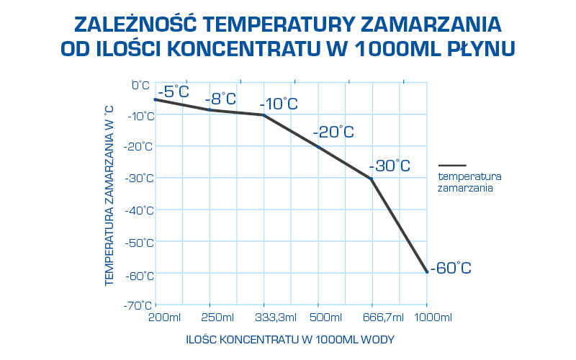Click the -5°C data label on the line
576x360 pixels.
(x=173, y=91)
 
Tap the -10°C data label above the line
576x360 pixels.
(x=279, y=104)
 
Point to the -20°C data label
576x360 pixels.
(x=333, y=132)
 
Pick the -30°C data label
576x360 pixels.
(x=390, y=166)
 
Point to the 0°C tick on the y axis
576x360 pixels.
(x=140, y=84)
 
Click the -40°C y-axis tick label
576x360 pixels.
(x=139, y=210)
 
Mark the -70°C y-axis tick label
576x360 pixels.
(x=139, y=305)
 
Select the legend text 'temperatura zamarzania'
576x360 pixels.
(x=469, y=181)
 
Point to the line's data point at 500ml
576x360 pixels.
(x=318, y=147)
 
